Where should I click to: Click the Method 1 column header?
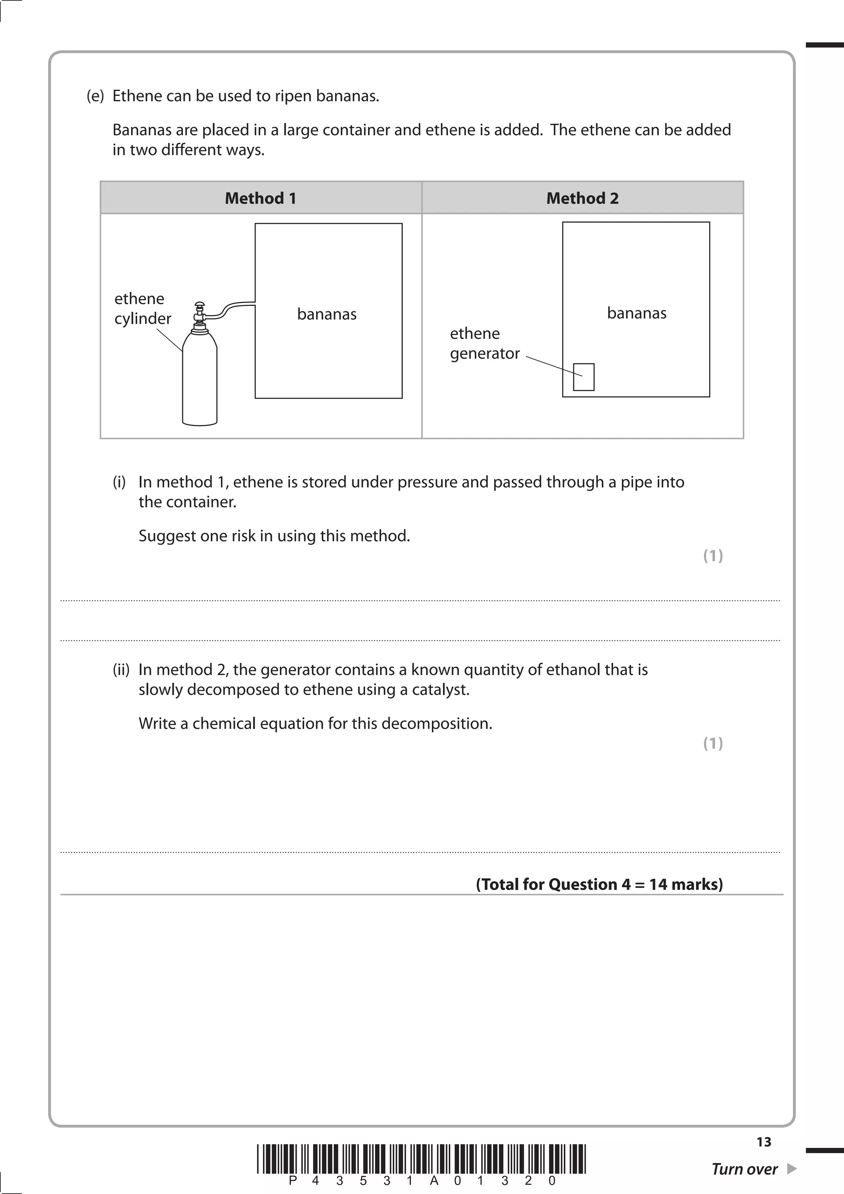tap(260, 198)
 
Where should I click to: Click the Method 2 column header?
tap(582, 198)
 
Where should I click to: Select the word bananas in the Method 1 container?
tap(326, 314)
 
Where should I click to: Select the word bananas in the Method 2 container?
tap(637, 313)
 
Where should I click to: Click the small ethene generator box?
tap(584, 377)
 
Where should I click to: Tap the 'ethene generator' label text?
tap(484, 343)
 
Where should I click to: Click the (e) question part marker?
tap(95, 96)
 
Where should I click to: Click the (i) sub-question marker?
tap(119, 482)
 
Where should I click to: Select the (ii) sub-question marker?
tap(121, 670)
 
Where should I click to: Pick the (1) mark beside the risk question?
tap(713, 556)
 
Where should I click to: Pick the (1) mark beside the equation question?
tap(713, 744)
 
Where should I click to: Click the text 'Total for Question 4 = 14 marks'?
tap(599, 884)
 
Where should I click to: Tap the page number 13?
tap(763, 1142)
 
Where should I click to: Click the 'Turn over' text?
tap(744, 1169)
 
